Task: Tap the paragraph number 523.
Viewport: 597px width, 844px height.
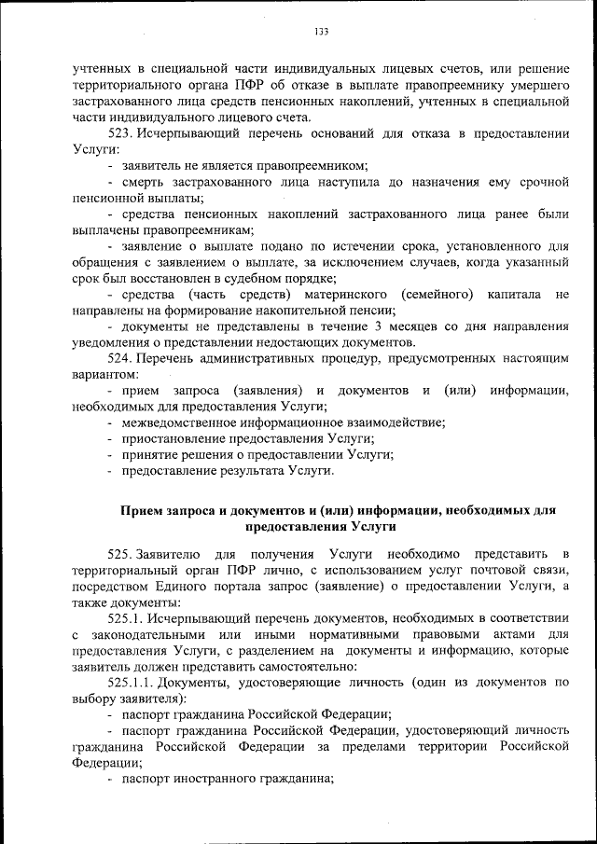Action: (122, 133)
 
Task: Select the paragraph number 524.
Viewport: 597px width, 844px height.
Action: (122, 358)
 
